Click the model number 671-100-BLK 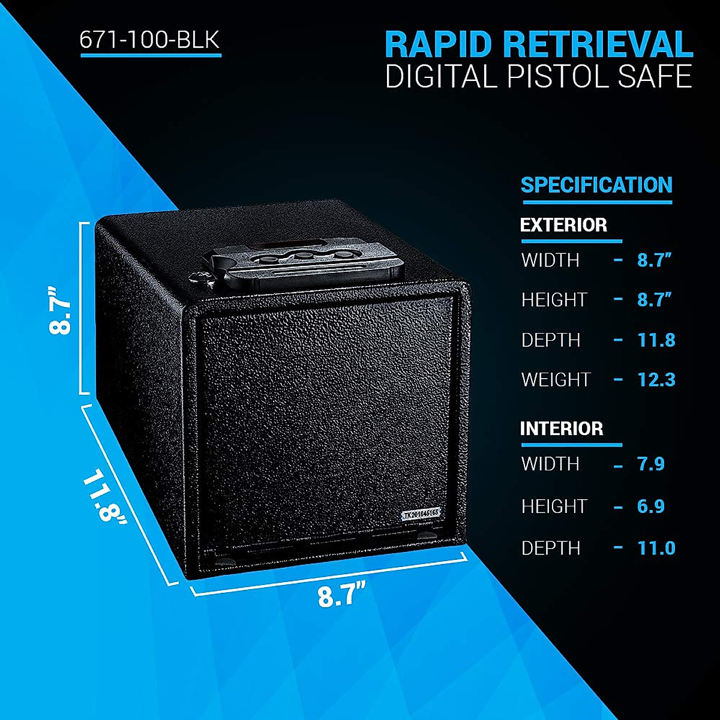point(150,40)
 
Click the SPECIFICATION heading point(596,185)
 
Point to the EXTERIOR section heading point(563,225)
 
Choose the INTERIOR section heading point(562,428)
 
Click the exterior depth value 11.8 point(656,340)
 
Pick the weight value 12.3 point(656,379)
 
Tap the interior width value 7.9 point(650,464)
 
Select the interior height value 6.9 point(650,506)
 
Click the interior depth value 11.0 point(656,548)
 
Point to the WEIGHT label point(556,379)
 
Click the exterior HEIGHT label point(554,299)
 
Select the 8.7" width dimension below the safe point(341,596)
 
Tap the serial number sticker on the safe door point(421,514)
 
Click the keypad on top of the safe point(300,261)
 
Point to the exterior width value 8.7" point(654,260)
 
